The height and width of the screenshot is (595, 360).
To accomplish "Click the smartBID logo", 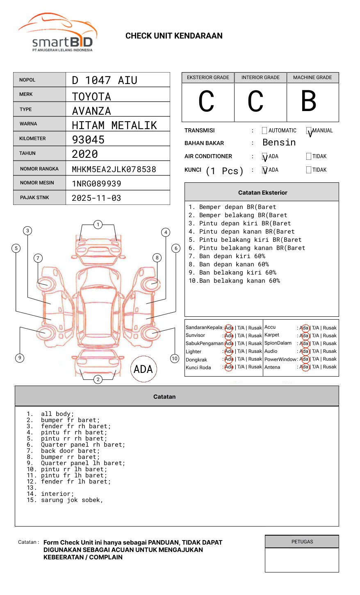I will click(57, 33).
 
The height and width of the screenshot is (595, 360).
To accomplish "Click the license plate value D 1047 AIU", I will click(105, 80).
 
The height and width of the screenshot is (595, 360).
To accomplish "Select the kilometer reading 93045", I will click(88, 140).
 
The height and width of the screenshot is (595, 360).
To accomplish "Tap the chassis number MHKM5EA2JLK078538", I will click(114, 169).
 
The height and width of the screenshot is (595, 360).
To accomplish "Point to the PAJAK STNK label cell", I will click(34, 198).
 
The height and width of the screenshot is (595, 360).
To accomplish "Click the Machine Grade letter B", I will click(309, 101).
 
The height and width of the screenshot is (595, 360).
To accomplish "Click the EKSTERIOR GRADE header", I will click(208, 77).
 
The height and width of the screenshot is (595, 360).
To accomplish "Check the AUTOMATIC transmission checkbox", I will click(264, 131).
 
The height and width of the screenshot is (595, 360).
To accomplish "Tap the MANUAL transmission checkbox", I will click(309, 131).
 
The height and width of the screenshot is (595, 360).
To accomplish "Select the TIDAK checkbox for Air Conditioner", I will click(309, 157).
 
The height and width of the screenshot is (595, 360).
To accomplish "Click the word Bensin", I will click(279, 143).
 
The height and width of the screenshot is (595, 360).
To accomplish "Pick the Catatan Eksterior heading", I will click(262, 193).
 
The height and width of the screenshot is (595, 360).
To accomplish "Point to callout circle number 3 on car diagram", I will click(27, 231).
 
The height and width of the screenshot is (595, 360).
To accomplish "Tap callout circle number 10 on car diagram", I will click(175, 359).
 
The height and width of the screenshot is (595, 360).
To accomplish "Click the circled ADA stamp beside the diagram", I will click(143, 369).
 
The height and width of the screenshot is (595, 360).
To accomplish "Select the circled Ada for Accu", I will click(304, 328).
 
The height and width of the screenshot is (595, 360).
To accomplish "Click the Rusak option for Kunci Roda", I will click(255, 367).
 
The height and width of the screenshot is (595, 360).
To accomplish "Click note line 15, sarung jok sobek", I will click(72, 500).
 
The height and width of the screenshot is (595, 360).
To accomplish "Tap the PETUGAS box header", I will click(302, 542).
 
